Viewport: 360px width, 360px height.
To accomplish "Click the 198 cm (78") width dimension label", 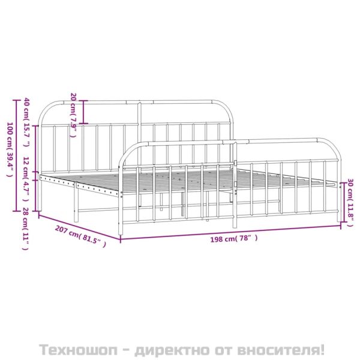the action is (x=234, y=239).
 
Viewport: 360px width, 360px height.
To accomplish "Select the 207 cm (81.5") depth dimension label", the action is (x=80, y=236).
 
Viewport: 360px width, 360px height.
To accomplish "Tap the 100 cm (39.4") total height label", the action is (x=10, y=149).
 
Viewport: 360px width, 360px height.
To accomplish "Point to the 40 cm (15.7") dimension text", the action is (x=27, y=122).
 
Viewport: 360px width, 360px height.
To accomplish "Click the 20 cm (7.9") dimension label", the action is (x=73, y=115).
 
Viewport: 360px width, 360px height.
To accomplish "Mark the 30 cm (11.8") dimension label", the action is (x=350, y=203).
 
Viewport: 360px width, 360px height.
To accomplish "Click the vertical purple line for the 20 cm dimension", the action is (x=83, y=112).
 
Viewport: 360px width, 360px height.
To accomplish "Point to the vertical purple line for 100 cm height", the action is (x=16, y=155).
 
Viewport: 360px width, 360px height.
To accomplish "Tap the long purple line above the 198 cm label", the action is (x=230, y=233).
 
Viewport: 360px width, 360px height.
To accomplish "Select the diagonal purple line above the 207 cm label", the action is (x=79, y=227).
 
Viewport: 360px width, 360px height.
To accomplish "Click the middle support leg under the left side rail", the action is (x=76, y=202).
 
